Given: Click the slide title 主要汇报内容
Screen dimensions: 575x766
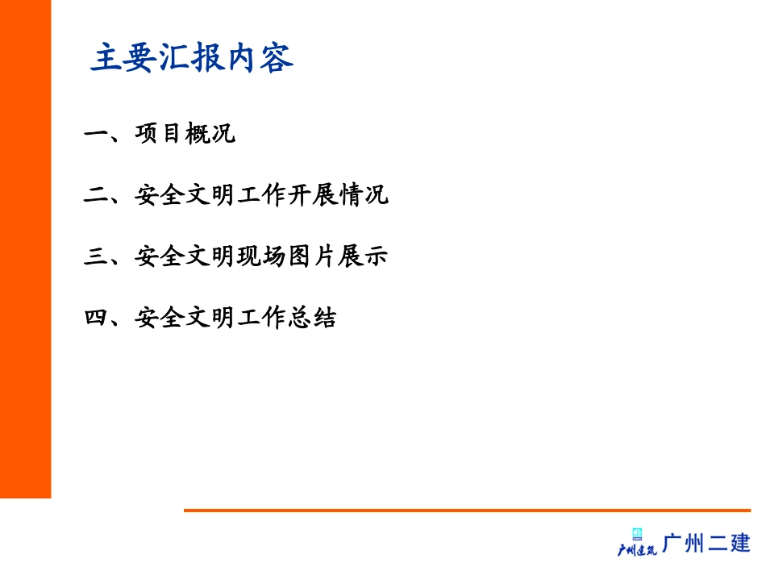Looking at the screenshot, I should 192,59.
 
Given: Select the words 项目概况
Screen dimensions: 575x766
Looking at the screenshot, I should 185,134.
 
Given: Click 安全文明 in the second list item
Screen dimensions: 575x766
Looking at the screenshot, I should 185,195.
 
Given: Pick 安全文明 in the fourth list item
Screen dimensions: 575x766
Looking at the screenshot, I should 185,318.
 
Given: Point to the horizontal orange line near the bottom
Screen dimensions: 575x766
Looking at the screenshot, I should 467,510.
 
